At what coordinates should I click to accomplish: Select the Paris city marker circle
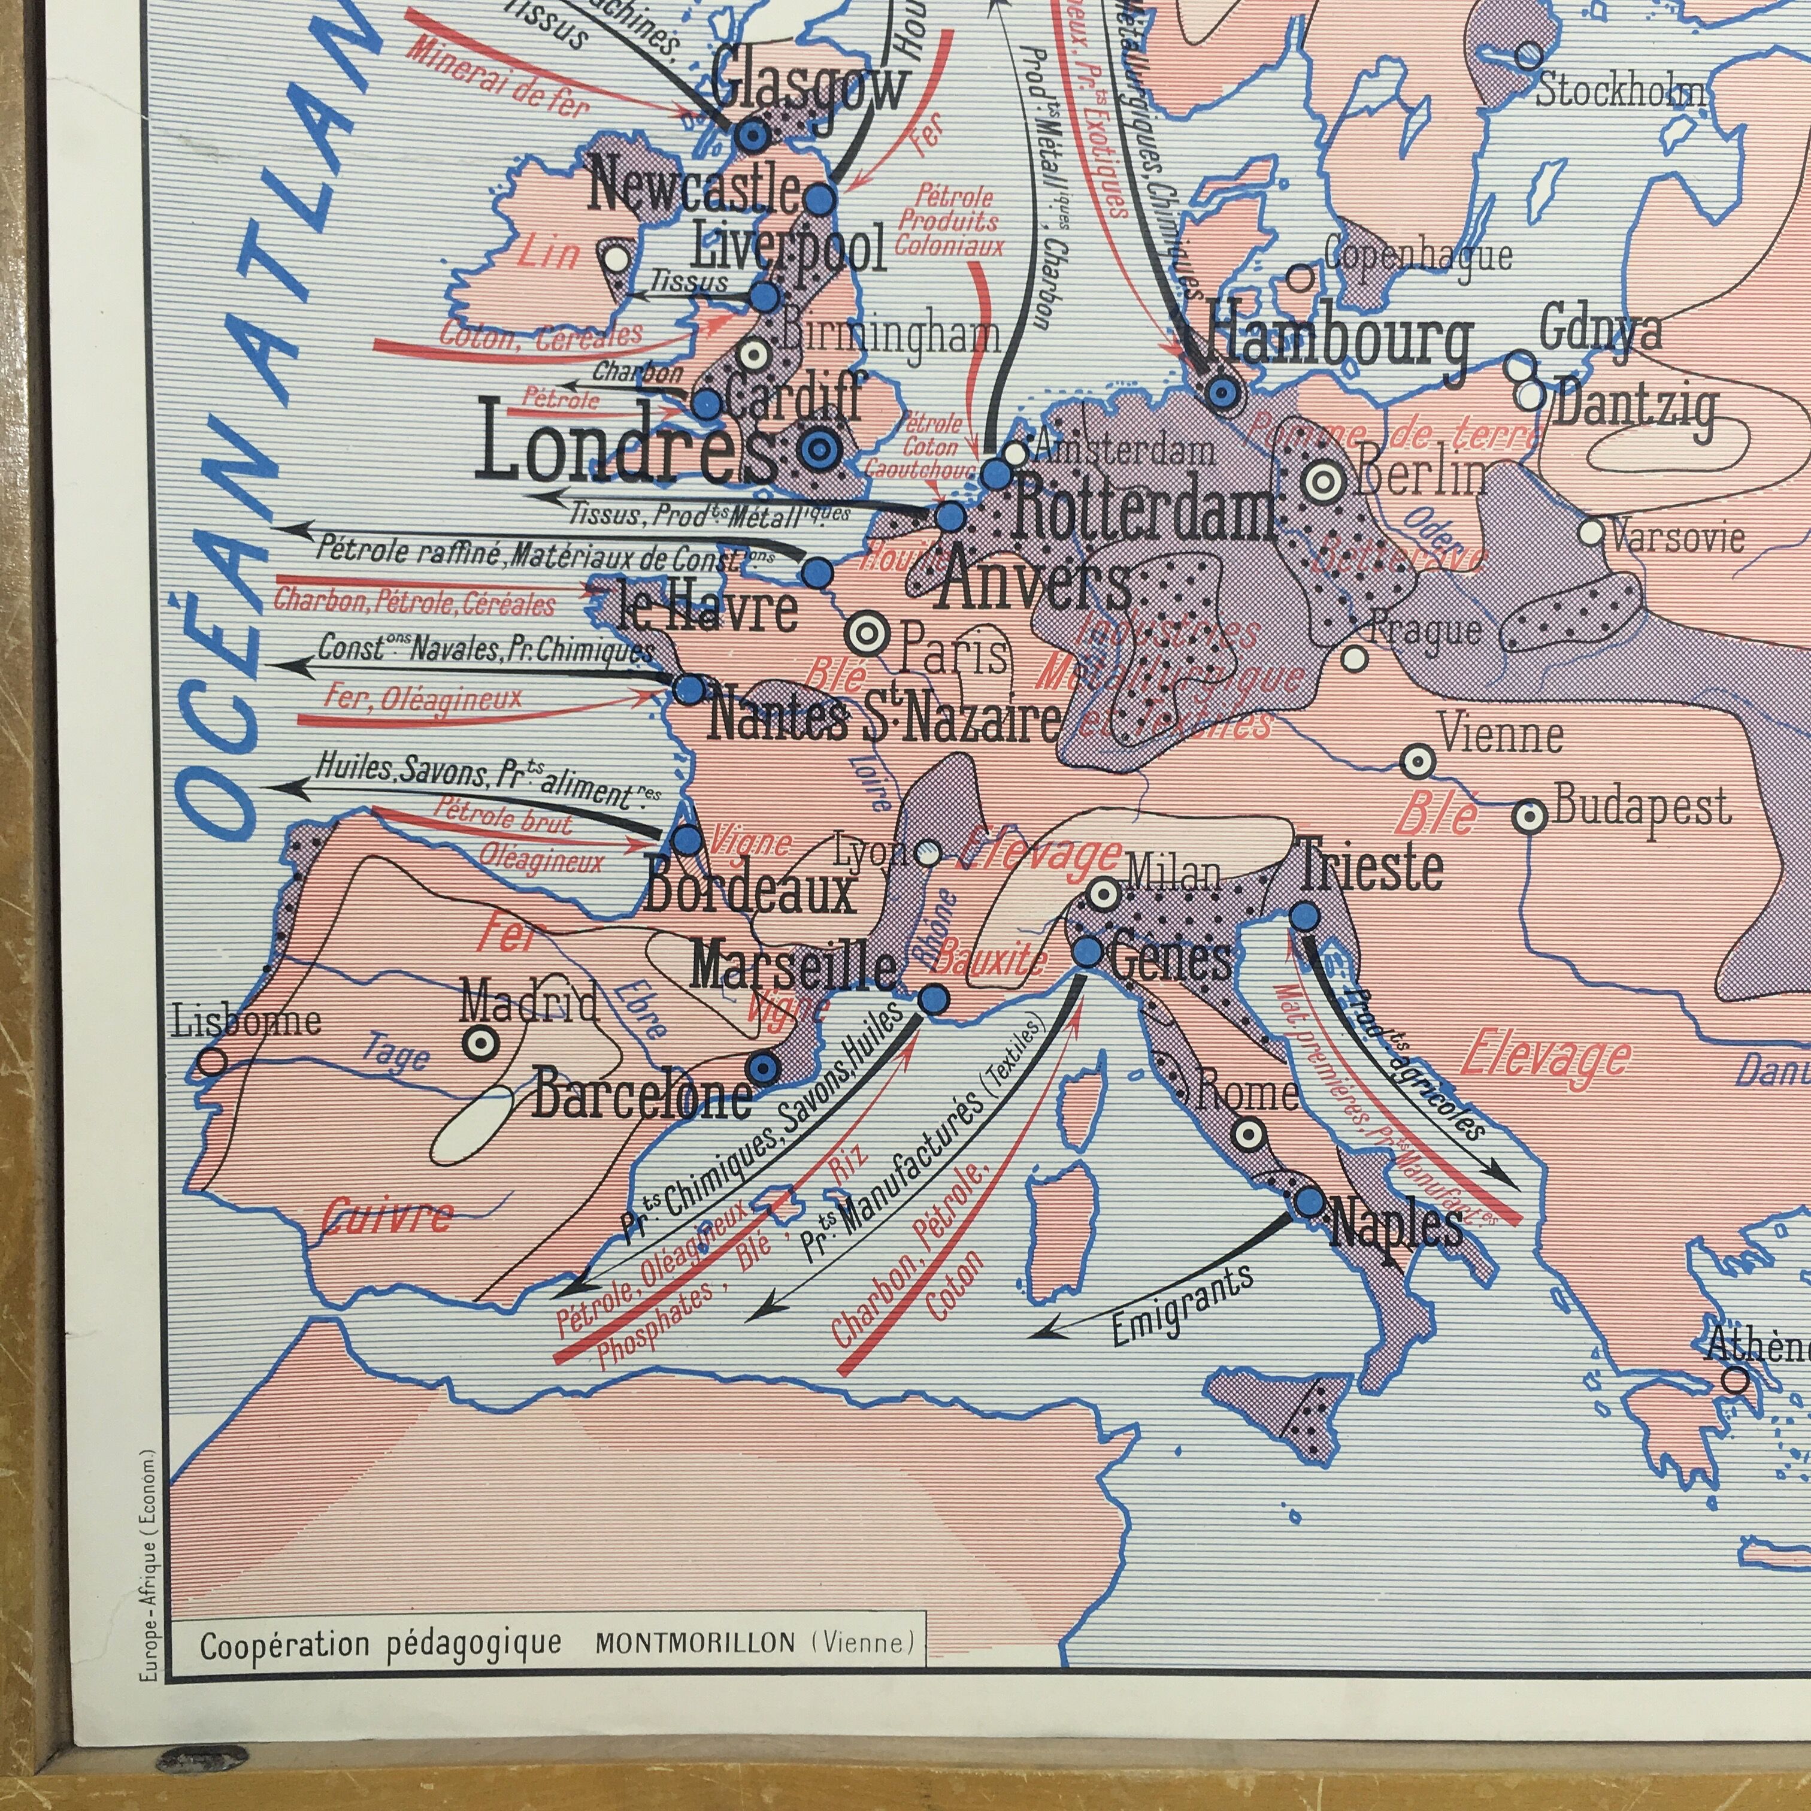pos(866,635)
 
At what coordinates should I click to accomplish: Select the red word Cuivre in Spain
pos(386,1217)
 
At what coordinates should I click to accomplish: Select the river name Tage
pos(398,1056)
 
